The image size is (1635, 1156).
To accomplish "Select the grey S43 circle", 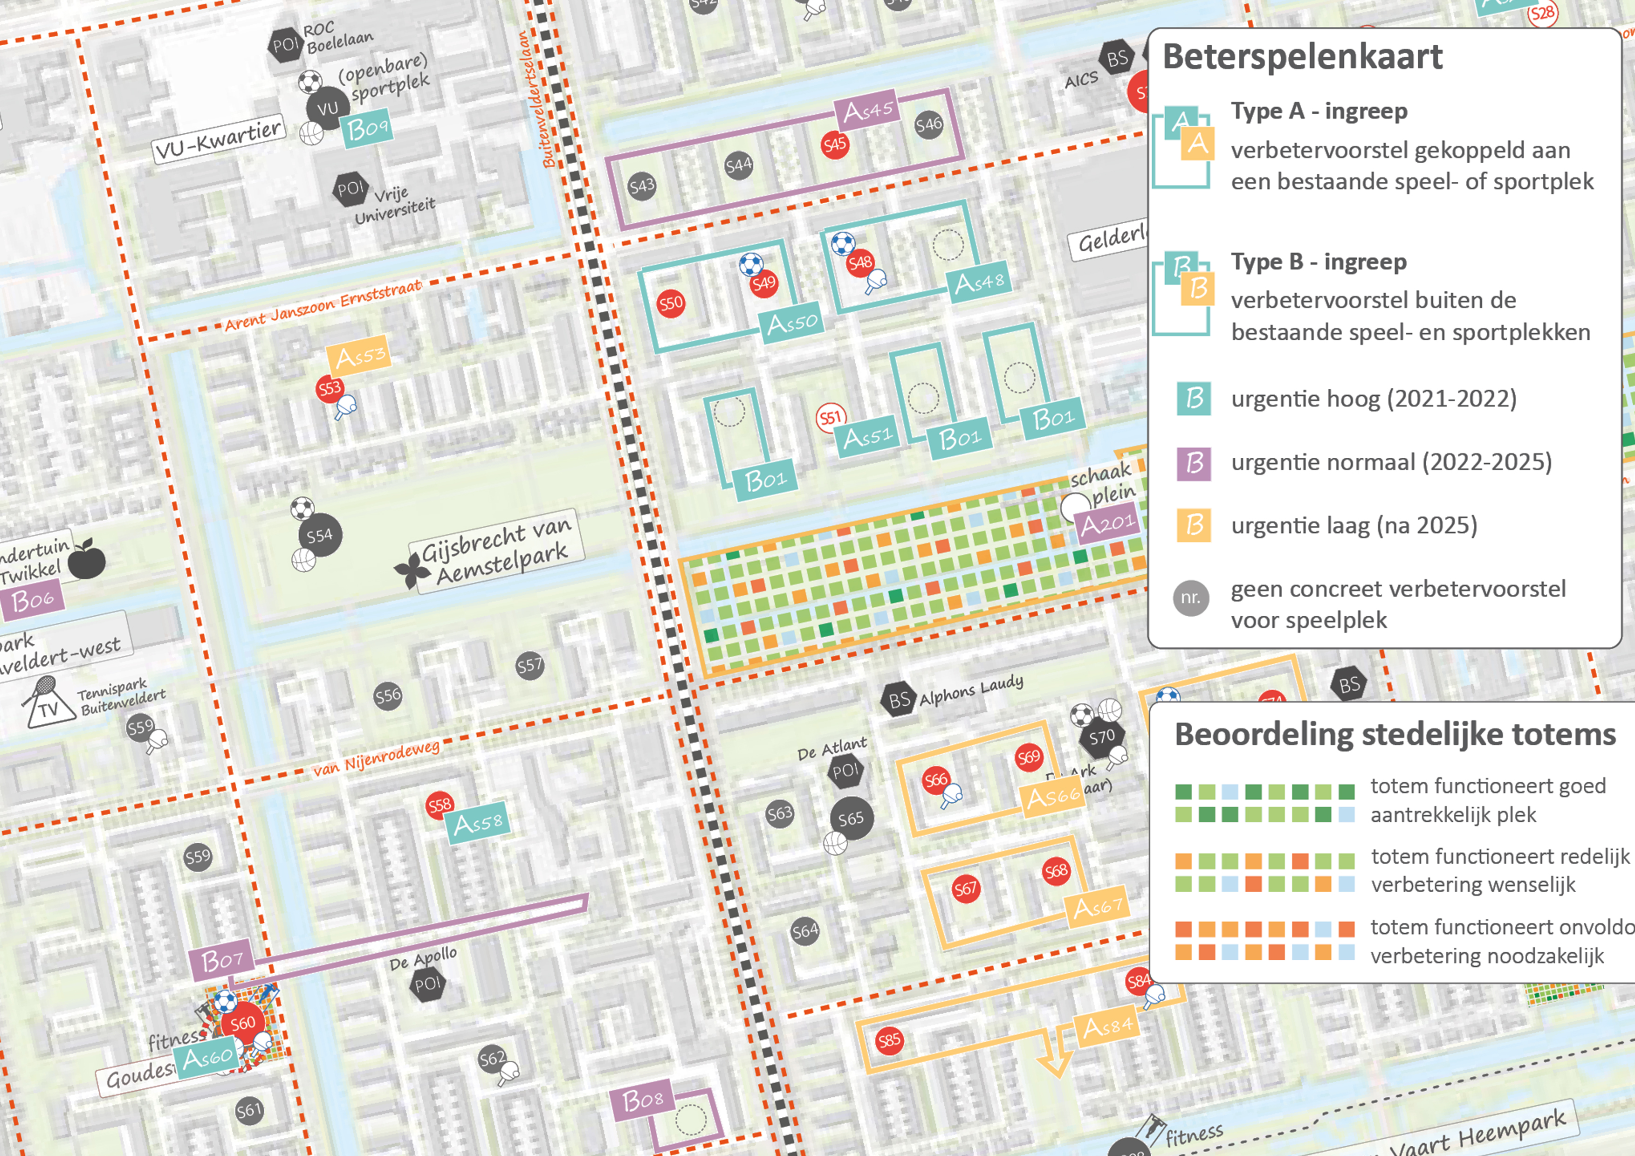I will (642, 186).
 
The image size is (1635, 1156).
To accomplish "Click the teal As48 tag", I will (979, 283).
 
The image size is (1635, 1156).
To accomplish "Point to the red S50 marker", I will (671, 304).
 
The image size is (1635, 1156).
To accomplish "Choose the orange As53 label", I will (359, 355).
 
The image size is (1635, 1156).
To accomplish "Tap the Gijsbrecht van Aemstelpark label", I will (496, 552).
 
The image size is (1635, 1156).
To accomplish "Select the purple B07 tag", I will (221, 962).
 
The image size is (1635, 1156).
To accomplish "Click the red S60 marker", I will (243, 1023).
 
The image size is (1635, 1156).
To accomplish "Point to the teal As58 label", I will (477, 823).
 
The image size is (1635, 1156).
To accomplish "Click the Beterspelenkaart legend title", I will (1302, 57).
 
